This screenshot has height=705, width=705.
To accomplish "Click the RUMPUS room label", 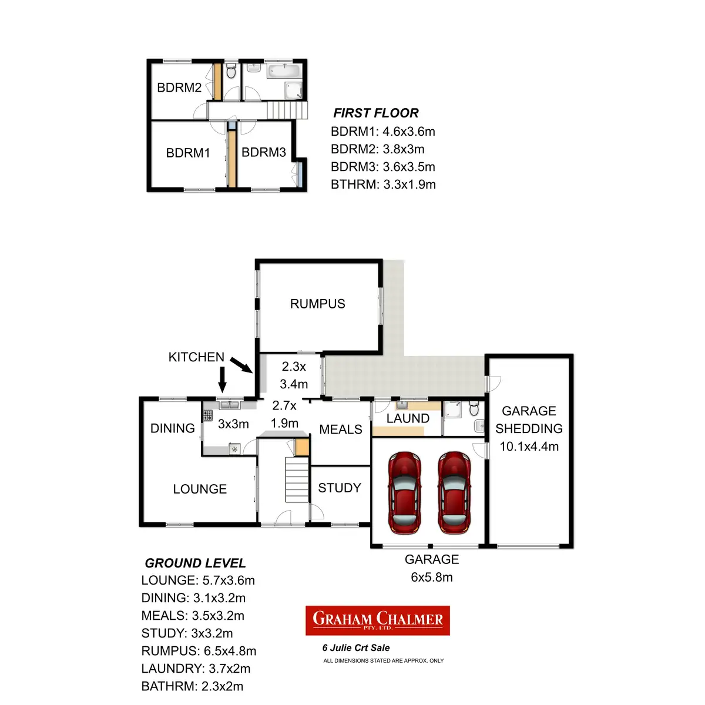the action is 317,304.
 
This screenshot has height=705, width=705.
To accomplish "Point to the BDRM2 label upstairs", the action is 179,88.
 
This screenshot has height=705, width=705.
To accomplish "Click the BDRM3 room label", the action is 264,152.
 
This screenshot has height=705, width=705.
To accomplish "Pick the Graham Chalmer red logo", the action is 378,620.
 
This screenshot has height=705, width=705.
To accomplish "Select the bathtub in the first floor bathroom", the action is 284,72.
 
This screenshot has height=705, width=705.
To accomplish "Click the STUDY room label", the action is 340,488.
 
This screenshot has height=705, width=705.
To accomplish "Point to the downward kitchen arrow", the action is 222,380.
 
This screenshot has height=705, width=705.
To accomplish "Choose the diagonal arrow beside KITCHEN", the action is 241,365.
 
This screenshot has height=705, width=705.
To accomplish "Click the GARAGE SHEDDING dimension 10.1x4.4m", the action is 529,446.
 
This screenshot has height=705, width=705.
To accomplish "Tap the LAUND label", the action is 408,418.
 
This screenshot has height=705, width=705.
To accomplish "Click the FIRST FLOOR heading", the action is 376,113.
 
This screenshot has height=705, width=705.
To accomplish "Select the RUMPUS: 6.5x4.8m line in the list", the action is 199,651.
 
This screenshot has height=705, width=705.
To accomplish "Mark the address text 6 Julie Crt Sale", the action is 356,648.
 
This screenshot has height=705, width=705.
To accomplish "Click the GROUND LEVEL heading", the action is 195,563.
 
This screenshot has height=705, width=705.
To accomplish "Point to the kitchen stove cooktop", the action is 207,415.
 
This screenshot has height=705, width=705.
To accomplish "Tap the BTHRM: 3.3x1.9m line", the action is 383,184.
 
